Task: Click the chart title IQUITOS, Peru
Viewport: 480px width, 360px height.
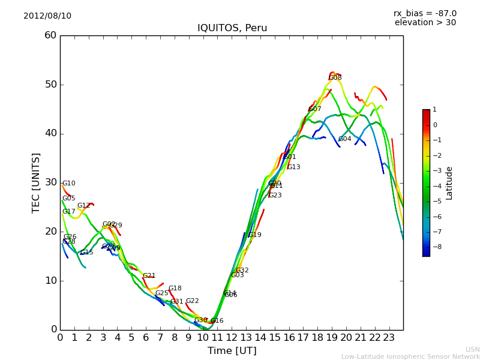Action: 232,28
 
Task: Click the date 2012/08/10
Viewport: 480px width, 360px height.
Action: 47,16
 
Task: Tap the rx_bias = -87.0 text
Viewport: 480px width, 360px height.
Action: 425,13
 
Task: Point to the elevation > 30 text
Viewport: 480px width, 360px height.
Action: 425,23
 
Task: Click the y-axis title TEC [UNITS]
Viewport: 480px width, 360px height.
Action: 36,182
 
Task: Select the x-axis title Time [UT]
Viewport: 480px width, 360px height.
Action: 232,351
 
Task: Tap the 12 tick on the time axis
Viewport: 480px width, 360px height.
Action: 232,337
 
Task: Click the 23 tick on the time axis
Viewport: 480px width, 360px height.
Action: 389,337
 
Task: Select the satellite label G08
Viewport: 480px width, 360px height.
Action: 335,78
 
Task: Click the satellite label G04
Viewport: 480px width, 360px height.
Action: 344,139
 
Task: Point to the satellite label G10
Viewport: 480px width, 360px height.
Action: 69,184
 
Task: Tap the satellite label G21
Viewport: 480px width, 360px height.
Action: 149,276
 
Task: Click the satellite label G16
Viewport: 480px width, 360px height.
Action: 217,321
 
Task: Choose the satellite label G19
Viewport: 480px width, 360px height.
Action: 255,235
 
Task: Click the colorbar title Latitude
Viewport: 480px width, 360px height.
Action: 449,182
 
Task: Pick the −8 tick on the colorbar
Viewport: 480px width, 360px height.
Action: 434,246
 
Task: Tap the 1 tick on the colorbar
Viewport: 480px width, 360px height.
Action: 434,110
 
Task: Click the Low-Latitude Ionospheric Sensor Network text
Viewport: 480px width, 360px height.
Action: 410,356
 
